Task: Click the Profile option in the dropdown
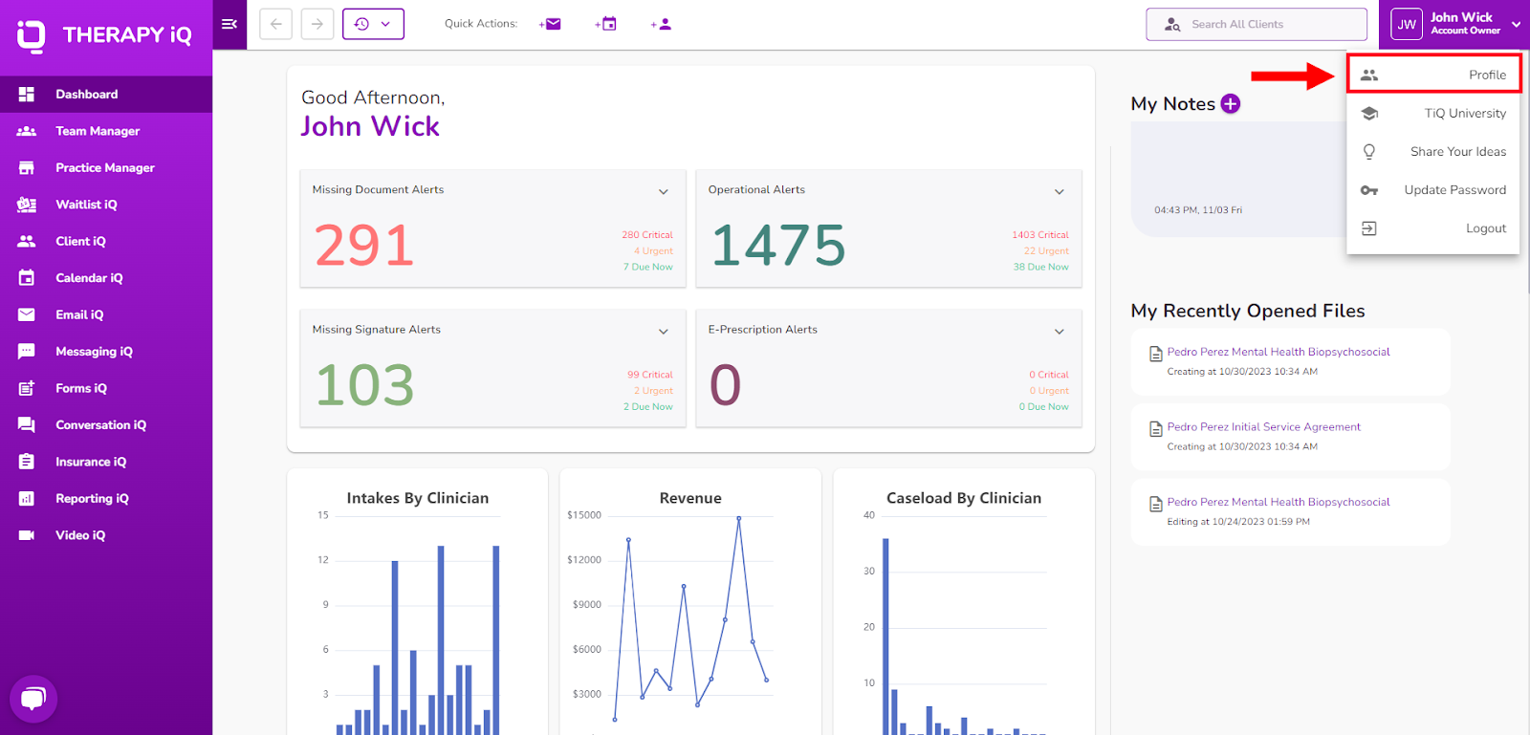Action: [1433, 75]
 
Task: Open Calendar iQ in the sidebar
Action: [89, 278]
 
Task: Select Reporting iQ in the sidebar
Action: [92, 498]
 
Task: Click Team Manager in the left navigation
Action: [97, 131]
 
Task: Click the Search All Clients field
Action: [1257, 24]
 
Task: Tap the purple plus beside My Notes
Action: [1230, 104]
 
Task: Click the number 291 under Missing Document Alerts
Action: [364, 245]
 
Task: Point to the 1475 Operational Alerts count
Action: [778, 245]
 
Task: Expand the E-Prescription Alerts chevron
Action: [1059, 331]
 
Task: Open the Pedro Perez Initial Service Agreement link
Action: [1263, 426]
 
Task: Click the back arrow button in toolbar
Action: [276, 24]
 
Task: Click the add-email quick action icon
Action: [550, 24]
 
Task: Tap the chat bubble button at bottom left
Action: [33, 698]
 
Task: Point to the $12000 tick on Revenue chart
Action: [584, 559]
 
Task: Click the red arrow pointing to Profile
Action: [1293, 76]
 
